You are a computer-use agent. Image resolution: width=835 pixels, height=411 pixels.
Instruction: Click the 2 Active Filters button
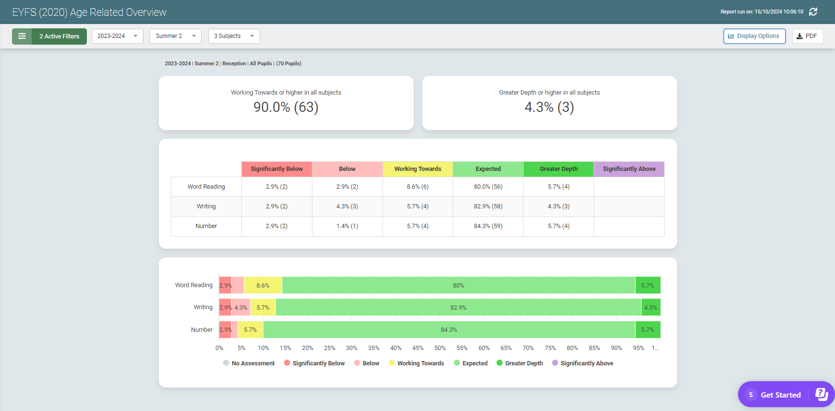[x=49, y=36]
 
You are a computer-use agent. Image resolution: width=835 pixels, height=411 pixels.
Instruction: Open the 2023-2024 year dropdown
[x=117, y=36]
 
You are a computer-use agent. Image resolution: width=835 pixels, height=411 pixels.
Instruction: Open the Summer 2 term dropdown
[x=175, y=36]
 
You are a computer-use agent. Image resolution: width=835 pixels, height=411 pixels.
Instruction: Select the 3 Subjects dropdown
[x=234, y=36]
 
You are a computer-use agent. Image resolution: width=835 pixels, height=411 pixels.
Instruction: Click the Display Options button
[x=754, y=36]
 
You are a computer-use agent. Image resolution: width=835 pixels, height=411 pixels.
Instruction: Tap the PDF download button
[x=807, y=36]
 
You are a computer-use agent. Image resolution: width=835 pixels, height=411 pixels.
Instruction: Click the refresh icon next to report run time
[x=813, y=12]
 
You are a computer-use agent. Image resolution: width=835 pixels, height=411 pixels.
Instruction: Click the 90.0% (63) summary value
[x=286, y=107]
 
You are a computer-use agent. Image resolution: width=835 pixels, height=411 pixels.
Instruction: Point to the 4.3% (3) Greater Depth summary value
[x=549, y=107]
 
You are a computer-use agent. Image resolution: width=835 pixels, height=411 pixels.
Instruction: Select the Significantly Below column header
[x=276, y=169]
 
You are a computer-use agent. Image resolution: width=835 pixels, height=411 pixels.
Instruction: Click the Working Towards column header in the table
[x=417, y=169]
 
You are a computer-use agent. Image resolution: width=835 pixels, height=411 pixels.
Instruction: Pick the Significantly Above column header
[x=629, y=169]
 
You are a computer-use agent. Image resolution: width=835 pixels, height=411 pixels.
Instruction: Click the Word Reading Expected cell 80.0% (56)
[x=488, y=187]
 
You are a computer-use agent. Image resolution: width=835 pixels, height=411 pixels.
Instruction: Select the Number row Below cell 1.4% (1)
[x=347, y=226]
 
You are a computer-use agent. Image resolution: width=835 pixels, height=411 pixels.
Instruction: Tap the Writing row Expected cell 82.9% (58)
[x=488, y=206]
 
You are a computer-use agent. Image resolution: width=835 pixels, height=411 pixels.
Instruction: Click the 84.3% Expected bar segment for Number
[x=449, y=330]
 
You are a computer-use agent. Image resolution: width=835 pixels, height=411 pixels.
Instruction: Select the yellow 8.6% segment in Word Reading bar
[x=263, y=286]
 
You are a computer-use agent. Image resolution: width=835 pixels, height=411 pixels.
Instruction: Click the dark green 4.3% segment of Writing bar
[x=651, y=308]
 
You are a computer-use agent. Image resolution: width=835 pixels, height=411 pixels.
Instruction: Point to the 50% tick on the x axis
[x=440, y=348]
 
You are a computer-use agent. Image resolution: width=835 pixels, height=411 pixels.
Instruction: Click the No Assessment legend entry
[x=249, y=363]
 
